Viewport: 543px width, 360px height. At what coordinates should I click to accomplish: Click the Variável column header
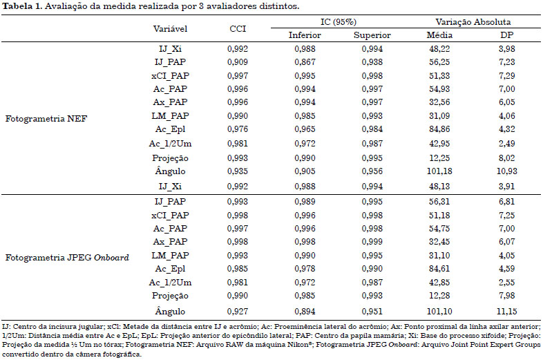pos(170,29)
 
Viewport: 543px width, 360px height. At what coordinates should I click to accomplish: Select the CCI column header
pos(238,29)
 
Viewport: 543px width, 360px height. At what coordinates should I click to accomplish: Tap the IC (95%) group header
pos(339,22)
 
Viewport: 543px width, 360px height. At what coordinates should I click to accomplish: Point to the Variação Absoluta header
pos(473,22)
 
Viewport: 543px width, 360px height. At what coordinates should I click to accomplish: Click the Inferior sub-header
pos(305,35)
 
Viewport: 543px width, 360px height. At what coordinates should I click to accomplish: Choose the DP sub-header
pos(506,35)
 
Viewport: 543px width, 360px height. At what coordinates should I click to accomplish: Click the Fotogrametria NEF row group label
pos(46,119)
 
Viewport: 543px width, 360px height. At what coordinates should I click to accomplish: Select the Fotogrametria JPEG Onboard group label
pos(67,258)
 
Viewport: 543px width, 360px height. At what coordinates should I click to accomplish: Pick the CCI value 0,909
pos(238,62)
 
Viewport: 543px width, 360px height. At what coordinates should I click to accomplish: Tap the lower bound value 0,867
pos(305,62)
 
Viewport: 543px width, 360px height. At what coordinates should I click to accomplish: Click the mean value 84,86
pos(439,129)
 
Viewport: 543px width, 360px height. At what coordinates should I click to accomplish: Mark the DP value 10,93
pos(506,171)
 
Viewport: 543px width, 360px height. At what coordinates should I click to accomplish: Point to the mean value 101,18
pos(439,171)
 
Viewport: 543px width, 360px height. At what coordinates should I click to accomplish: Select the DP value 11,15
pos(506,312)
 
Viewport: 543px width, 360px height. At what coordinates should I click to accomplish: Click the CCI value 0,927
pos(238,312)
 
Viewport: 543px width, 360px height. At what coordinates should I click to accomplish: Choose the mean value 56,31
pos(439,202)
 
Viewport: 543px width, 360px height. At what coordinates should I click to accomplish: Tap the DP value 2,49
pos(506,144)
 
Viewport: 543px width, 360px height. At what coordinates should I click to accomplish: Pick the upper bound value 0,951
pos(372,312)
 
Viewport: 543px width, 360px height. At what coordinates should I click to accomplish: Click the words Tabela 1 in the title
pos(22,6)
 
